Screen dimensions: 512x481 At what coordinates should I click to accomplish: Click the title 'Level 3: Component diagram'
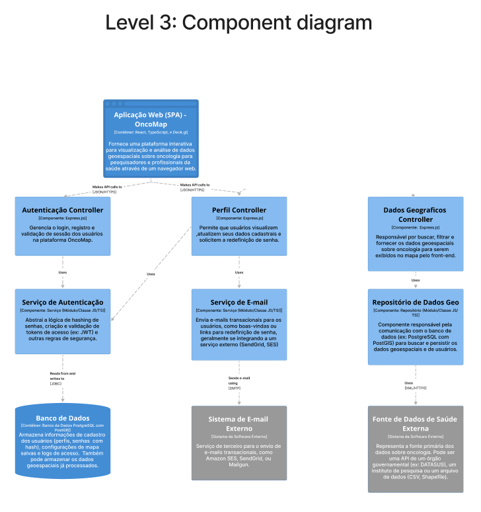coord(239,23)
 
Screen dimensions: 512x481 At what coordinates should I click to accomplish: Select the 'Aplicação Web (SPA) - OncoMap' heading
coord(151,120)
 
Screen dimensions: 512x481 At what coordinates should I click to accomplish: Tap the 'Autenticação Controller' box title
coord(63,210)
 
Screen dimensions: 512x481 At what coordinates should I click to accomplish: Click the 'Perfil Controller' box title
coord(239,209)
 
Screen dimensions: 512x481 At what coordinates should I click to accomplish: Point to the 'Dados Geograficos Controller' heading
coord(415,215)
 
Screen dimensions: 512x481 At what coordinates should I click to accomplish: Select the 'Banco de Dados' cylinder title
coord(63,418)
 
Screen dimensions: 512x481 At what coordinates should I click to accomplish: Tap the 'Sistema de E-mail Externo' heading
coord(239,423)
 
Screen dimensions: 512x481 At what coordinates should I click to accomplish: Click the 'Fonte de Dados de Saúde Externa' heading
coord(415,423)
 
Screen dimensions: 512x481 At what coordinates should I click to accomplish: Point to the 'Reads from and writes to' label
coord(63,376)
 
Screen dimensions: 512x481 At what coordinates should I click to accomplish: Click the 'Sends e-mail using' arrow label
coord(239,381)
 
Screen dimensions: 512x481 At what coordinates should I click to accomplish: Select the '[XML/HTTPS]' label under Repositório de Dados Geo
coord(416,388)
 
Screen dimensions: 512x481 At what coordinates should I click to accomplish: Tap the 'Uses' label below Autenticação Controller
coord(63,272)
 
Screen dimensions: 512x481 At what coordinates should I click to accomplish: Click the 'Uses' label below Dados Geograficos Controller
coord(416,280)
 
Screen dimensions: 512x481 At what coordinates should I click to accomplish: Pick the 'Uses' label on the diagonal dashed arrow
coord(151,274)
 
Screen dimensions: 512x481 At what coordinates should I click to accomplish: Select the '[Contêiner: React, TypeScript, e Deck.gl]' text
coord(151,133)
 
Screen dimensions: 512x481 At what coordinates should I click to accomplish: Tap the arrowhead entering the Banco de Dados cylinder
coord(63,398)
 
